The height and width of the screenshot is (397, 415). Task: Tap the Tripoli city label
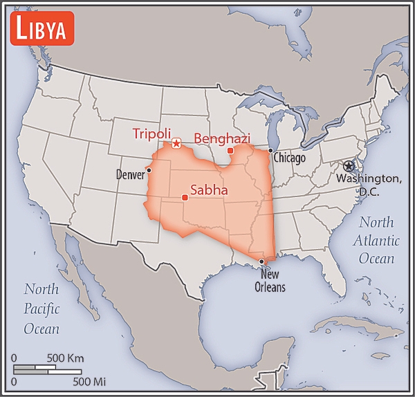point(151,133)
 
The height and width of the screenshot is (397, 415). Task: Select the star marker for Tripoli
point(176,144)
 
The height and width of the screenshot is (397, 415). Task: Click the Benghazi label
point(221,138)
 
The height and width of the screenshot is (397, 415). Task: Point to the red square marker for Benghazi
point(230,151)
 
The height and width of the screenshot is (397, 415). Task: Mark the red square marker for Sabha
point(185,198)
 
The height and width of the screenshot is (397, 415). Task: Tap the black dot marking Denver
point(149,170)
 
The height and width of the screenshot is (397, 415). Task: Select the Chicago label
point(289,158)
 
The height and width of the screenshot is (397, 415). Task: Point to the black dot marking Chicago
point(270,151)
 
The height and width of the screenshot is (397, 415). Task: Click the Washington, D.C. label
point(368,185)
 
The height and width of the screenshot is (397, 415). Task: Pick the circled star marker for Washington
point(348,166)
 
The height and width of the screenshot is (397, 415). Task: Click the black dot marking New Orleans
point(261,261)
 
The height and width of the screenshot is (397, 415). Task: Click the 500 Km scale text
point(65,358)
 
